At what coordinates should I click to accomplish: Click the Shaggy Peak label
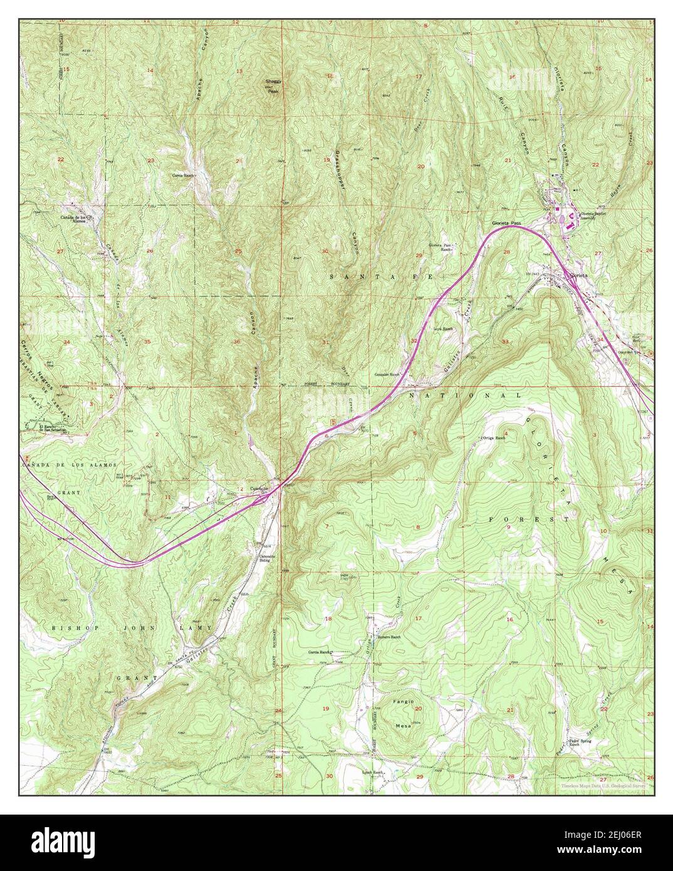point(272,86)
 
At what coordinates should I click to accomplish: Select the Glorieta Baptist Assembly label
point(592,215)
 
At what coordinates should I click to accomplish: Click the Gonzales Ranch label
point(388,373)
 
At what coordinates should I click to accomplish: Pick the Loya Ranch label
point(443,327)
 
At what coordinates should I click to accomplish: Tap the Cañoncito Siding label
point(264,556)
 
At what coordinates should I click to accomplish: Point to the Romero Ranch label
point(389,637)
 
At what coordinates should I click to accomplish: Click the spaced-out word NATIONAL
point(465,397)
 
